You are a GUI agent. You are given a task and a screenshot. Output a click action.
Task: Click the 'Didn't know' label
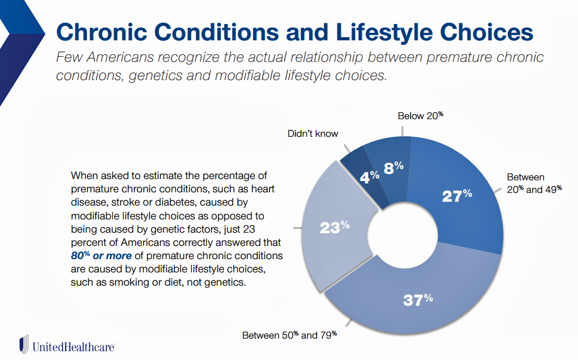click(x=313, y=134)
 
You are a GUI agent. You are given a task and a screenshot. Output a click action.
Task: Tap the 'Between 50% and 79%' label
click(x=290, y=335)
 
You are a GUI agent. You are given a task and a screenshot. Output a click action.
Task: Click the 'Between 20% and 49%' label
click(x=534, y=183)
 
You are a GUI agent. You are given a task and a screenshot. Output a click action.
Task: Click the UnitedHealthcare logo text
click(x=73, y=346)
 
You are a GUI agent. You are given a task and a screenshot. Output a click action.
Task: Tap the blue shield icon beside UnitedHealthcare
click(x=24, y=344)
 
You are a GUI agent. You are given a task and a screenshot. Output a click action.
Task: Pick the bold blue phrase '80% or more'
click(x=102, y=257)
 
